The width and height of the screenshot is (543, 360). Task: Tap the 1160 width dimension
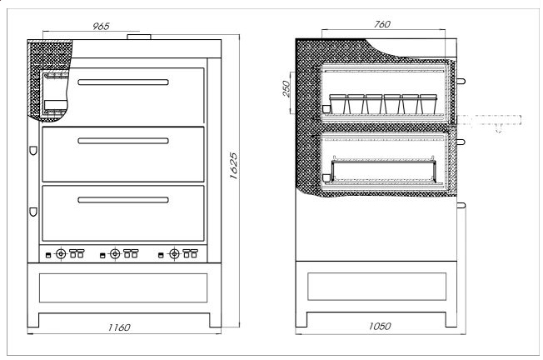119,327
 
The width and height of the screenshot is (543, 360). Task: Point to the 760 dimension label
382,24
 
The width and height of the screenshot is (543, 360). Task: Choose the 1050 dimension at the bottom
379,327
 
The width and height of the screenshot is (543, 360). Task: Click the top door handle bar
123,82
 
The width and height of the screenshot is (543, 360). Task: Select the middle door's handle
123,141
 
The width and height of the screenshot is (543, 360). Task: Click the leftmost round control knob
60,253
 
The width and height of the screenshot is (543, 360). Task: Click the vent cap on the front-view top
139,37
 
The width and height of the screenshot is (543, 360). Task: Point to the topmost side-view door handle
461,82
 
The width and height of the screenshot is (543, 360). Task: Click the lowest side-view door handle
461,204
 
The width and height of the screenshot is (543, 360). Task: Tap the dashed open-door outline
491,122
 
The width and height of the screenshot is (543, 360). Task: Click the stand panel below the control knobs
123,286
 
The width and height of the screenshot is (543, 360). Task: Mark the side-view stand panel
379,286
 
